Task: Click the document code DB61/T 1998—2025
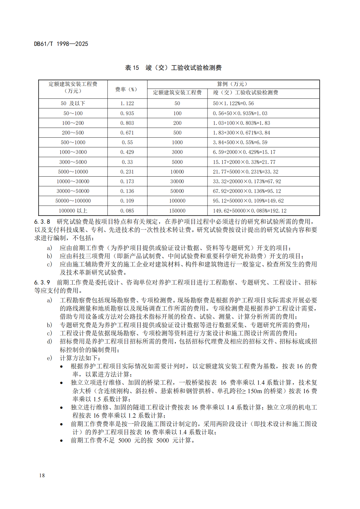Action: [x=61, y=44]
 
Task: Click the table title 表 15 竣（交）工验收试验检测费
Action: [x=173, y=68]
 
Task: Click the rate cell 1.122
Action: [x=127, y=103]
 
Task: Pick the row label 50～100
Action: [x=73, y=113]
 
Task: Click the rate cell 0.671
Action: [x=127, y=133]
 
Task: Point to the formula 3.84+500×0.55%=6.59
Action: [x=240, y=142]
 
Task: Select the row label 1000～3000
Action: [x=73, y=152]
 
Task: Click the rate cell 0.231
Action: [x=127, y=172]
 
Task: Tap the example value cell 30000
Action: [x=177, y=181]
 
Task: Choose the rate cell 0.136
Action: [x=127, y=191]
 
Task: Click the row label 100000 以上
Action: [x=73, y=211]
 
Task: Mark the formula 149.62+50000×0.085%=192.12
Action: [x=249, y=211]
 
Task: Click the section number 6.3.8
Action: [x=42, y=222]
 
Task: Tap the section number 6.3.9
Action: [x=42, y=282]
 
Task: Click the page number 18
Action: [x=42, y=475]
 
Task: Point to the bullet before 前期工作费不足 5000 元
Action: [x=61, y=441]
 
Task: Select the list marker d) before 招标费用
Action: [x=49, y=341]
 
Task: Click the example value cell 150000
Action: [x=177, y=211]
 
